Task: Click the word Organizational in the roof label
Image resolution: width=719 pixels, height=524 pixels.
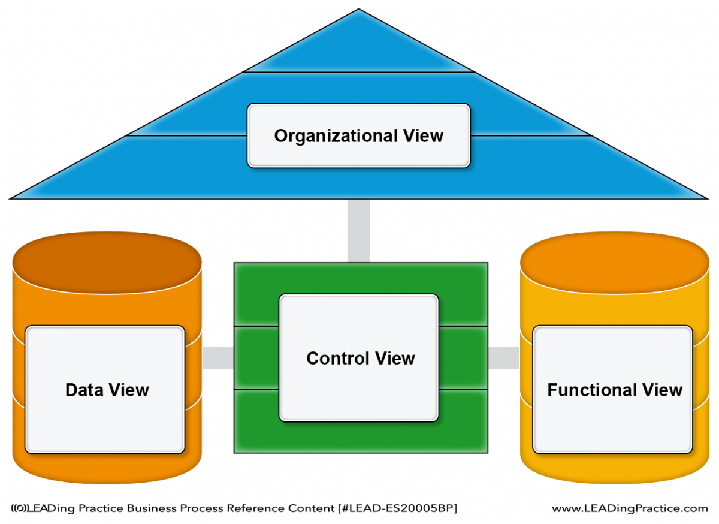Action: (336, 136)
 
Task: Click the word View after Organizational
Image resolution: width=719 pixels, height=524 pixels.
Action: (424, 135)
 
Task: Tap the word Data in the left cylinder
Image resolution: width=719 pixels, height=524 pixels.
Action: (84, 390)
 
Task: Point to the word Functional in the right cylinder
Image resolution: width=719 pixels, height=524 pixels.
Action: (592, 390)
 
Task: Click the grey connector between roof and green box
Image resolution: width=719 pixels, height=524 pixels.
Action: (358, 231)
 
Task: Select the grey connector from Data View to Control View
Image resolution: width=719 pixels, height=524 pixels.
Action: (218, 358)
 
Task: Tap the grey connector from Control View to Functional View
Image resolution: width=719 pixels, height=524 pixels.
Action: (504, 358)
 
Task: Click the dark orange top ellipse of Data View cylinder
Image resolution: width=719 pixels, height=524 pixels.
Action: (107, 263)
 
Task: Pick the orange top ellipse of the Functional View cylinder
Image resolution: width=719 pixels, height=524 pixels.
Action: (614, 263)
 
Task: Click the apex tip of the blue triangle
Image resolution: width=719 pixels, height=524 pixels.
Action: (358, 8)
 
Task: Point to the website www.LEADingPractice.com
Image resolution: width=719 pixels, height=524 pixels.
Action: (630, 508)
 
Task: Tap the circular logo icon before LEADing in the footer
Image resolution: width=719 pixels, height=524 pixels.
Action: (20, 508)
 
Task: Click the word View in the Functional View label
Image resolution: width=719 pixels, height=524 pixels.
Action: (662, 390)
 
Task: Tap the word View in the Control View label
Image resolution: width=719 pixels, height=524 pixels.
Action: (395, 358)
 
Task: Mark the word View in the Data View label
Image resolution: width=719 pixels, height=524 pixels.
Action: (129, 390)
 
